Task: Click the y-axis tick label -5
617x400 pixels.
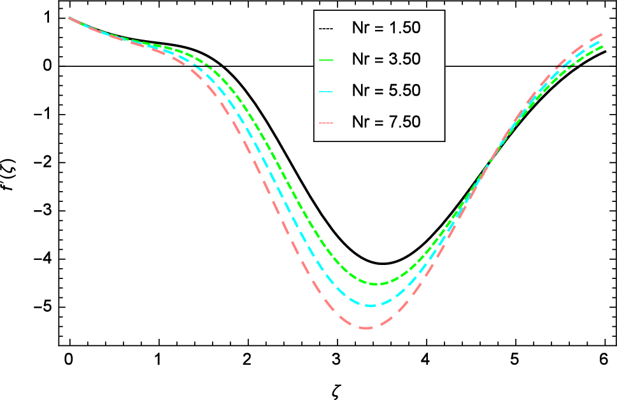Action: [x=42, y=307]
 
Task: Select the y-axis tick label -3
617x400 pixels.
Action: [x=42, y=211]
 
